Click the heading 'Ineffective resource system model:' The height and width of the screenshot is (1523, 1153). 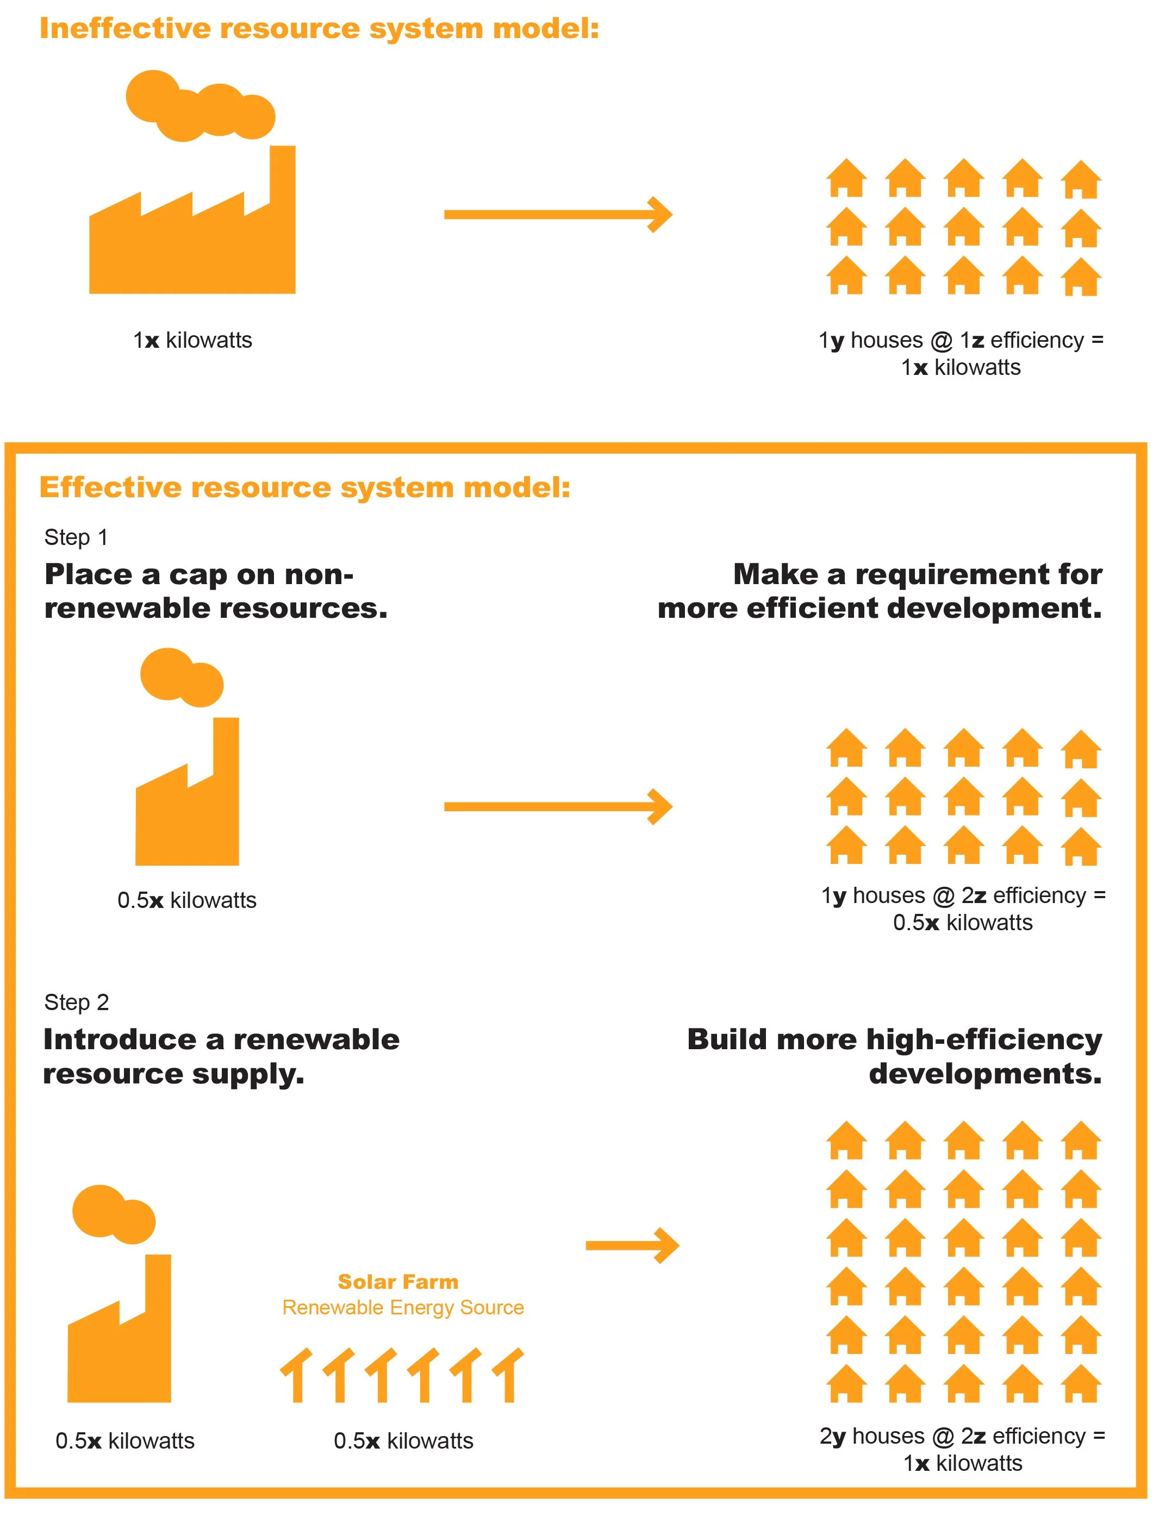[x=319, y=29]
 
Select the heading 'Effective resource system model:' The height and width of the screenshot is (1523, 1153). [x=304, y=487]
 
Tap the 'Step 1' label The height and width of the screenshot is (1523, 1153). [x=76, y=537]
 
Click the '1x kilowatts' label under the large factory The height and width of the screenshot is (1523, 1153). [x=192, y=340]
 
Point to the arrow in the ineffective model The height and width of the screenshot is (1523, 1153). [x=557, y=215]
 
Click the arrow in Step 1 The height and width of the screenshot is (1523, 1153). [x=557, y=806]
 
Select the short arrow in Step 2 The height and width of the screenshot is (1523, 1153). [x=632, y=1245]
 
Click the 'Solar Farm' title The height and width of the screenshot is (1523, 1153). [x=397, y=1282]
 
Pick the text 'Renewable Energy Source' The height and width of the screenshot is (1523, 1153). [x=403, y=1307]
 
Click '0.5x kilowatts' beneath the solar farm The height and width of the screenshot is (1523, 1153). [x=403, y=1441]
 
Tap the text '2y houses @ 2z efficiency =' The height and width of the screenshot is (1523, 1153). [x=962, y=1436]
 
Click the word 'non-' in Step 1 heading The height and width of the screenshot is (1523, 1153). [x=317, y=575]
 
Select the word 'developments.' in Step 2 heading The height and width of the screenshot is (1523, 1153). [x=985, y=1074]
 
